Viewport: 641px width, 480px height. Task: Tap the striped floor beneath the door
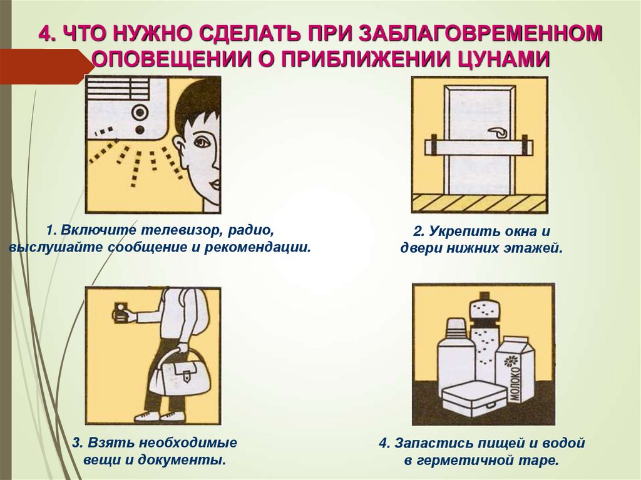(479, 203)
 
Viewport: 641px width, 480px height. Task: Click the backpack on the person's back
(197, 313)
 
